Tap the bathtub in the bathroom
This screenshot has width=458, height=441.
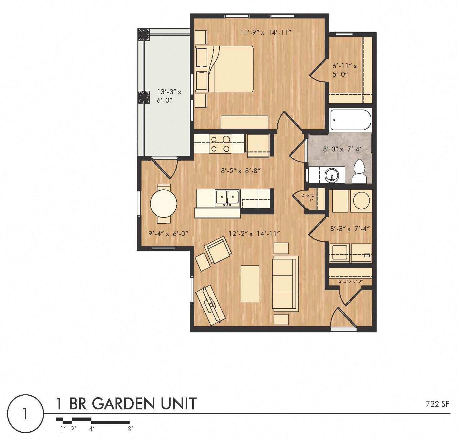click(x=351, y=120)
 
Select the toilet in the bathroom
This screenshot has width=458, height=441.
click(x=359, y=172)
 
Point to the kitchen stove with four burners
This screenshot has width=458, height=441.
click(x=220, y=144)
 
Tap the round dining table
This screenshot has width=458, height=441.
click(x=163, y=203)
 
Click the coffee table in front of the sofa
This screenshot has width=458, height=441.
click(x=250, y=284)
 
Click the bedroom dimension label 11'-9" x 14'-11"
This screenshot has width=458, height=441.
click(x=266, y=32)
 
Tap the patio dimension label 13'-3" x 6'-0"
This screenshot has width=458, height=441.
click(x=169, y=96)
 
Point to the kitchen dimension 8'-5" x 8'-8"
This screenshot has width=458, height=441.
click(x=241, y=171)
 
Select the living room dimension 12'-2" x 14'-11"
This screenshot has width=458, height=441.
click(x=254, y=233)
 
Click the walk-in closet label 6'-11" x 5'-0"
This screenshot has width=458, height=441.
click(x=344, y=70)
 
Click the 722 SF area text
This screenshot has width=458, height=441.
click(x=437, y=404)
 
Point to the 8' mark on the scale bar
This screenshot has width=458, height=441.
click(x=130, y=429)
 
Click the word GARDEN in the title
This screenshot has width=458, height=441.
click(x=125, y=404)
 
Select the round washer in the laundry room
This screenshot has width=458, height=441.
click(x=361, y=201)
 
